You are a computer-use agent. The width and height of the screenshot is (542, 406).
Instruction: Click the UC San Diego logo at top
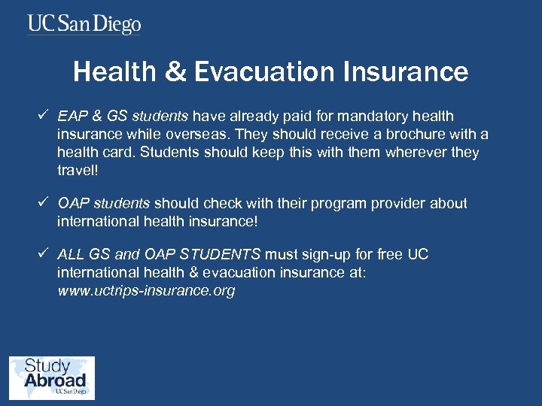pyautogui.click(x=84, y=24)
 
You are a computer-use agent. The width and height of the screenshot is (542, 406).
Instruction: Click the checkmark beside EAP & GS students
pyautogui.click(x=44, y=116)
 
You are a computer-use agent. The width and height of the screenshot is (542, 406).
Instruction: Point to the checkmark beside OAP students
pyautogui.click(x=44, y=203)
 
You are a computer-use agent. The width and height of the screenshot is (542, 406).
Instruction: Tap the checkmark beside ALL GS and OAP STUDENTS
pyautogui.click(x=44, y=254)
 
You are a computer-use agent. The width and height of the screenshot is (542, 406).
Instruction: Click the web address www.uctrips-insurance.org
pyautogui.click(x=146, y=290)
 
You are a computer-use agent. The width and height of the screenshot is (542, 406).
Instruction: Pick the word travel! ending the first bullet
pyautogui.click(x=78, y=170)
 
